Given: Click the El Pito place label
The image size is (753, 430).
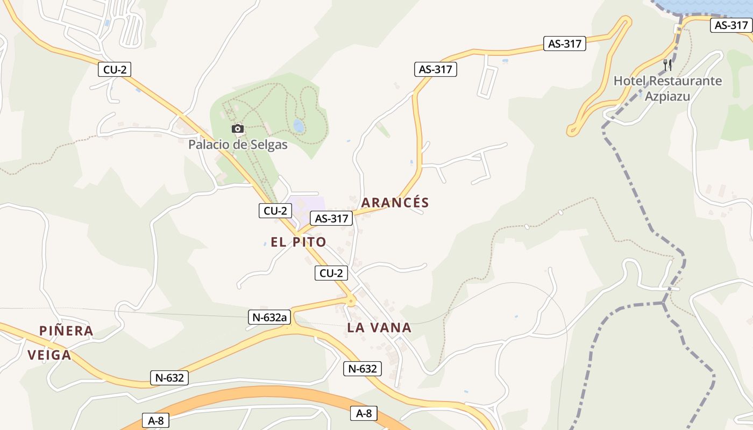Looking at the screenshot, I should [x=299, y=242].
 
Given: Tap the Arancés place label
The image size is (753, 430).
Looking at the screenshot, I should [x=395, y=203].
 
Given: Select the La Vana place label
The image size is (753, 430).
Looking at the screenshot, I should [x=379, y=327].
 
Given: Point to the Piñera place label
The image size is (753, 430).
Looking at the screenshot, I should [x=67, y=331].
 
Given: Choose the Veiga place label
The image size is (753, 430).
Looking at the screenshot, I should [x=49, y=355].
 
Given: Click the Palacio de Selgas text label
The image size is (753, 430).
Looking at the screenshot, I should [x=238, y=145].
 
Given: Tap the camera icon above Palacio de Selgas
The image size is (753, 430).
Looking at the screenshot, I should [x=237, y=129].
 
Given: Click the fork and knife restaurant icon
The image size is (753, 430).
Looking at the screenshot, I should [x=667, y=65].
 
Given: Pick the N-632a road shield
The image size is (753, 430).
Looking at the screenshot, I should [x=269, y=317].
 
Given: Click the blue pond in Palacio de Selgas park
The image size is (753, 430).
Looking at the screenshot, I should [x=299, y=126].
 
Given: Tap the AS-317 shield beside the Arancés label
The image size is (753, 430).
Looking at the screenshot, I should [x=331, y=218].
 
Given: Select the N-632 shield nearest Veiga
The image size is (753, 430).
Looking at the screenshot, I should [x=169, y=378].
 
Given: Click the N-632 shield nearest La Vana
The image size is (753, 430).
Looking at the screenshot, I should [x=363, y=368].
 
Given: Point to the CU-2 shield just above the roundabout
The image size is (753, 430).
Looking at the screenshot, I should [x=331, y=273].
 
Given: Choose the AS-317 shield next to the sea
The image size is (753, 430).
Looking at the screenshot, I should [x=731, y=25].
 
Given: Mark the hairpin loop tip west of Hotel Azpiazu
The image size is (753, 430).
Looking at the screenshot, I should [x=572, y=130].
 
